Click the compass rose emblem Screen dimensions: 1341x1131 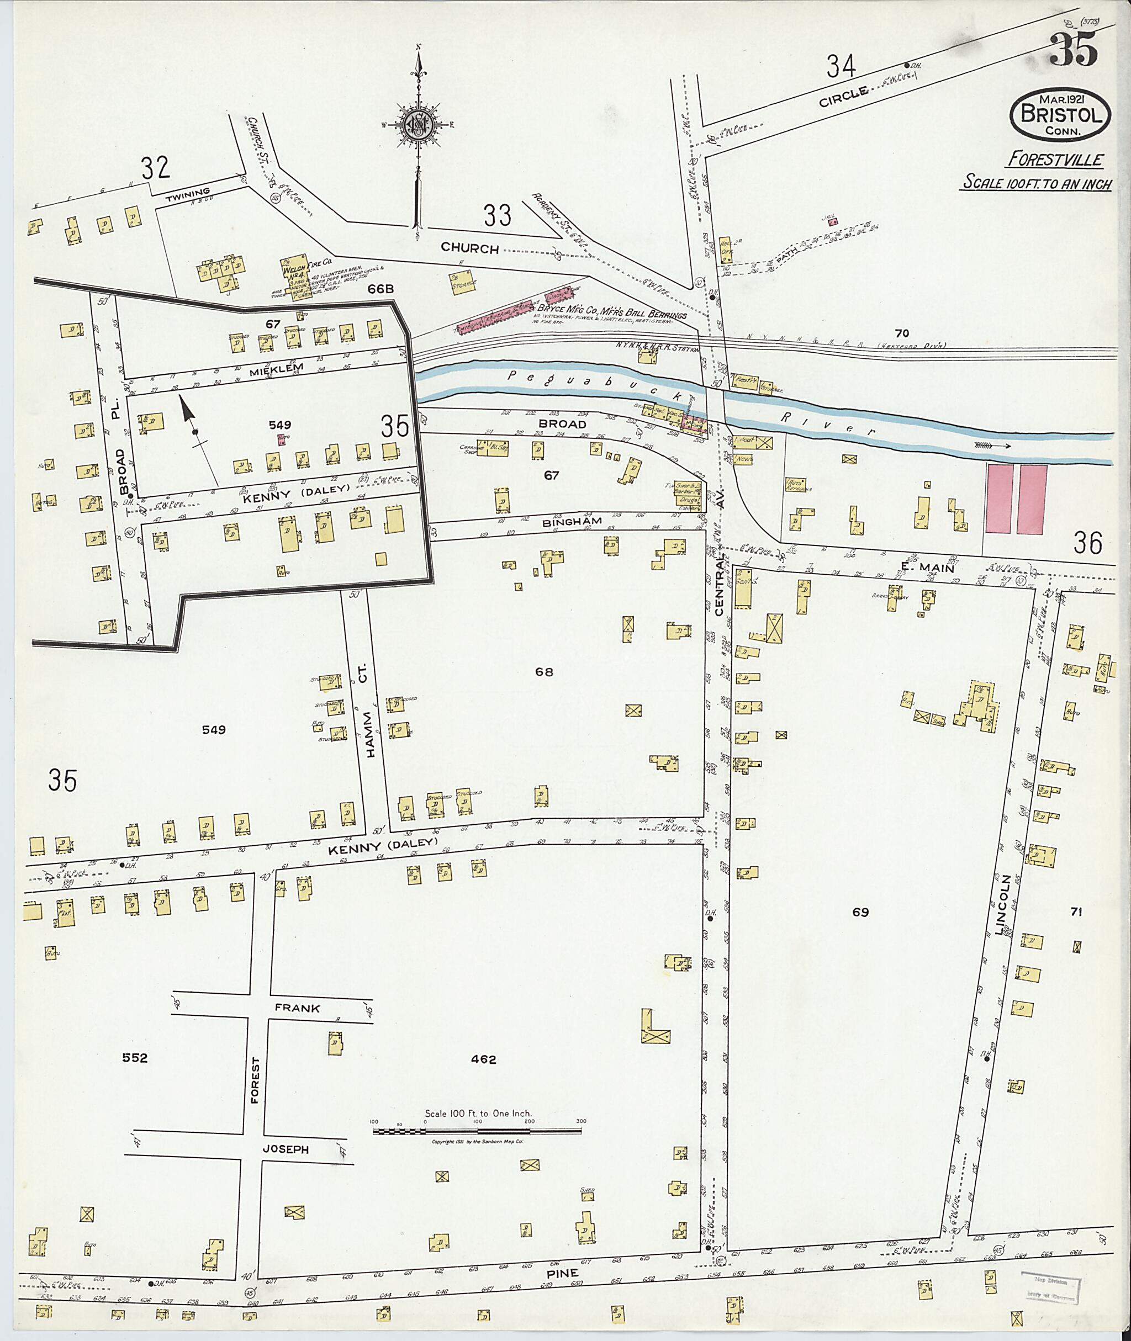(418, 124)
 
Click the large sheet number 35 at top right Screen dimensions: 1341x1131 (1074, 51)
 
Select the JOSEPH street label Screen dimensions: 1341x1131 (286, 1149)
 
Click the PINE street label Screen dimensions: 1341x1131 (564, 1273)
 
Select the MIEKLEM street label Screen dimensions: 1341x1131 (257, 370)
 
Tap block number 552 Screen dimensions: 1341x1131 (135, 1058)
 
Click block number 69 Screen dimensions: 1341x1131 (860, 911)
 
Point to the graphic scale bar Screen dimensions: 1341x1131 (478, 1130)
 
